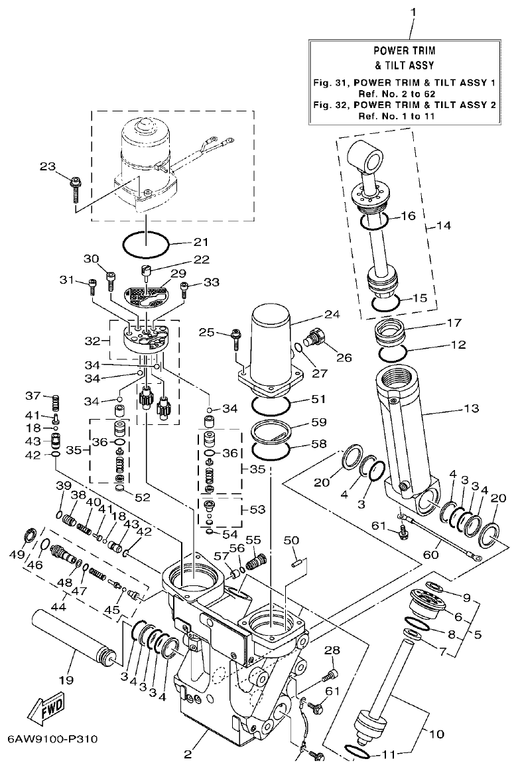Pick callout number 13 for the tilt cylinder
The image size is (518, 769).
click(x=471, y=408)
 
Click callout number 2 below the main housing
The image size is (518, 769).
click(x=188, y=753)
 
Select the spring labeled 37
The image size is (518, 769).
click(x=56, y=402)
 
